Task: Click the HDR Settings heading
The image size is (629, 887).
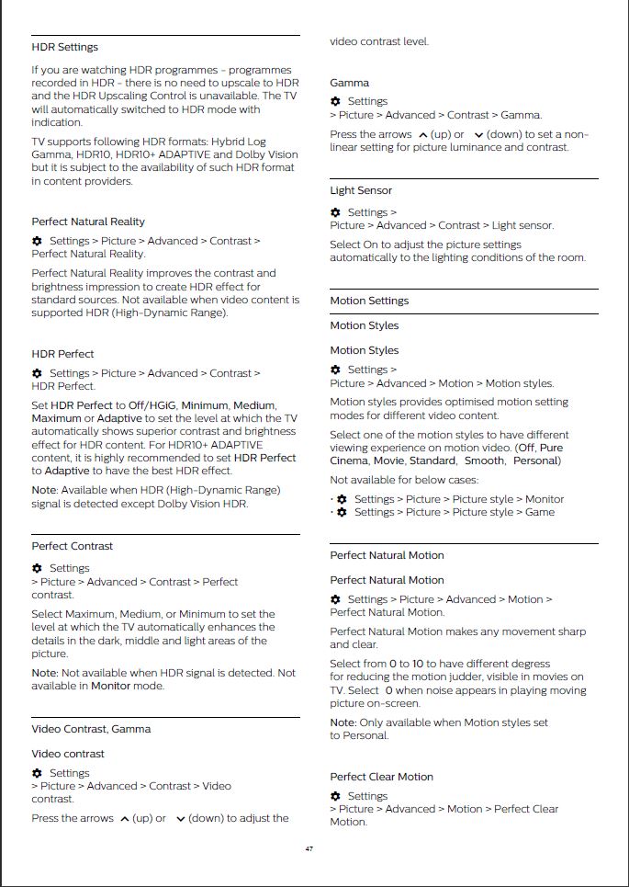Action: [x=64, y=47]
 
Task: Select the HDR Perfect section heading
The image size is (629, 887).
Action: [x=62, y=354]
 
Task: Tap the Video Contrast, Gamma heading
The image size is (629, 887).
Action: [x=91, y=729]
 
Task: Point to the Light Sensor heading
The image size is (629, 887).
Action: [x=361, y=190]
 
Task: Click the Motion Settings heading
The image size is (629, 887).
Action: [x=369, y=301]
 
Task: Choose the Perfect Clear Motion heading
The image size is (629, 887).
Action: [x=381, y=777]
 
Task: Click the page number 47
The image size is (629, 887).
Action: [x=309, y=848]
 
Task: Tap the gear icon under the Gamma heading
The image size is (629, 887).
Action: [x=335, y=101]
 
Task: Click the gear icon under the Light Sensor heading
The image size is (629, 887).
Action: [x=335, y=212]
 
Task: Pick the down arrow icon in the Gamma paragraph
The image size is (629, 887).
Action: [x=478, y=134]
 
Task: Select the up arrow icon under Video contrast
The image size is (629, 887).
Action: [x=124, y=818]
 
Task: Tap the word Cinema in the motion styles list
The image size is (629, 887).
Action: [x=349, y=461]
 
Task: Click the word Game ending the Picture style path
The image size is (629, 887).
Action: [x=540, y=512]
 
